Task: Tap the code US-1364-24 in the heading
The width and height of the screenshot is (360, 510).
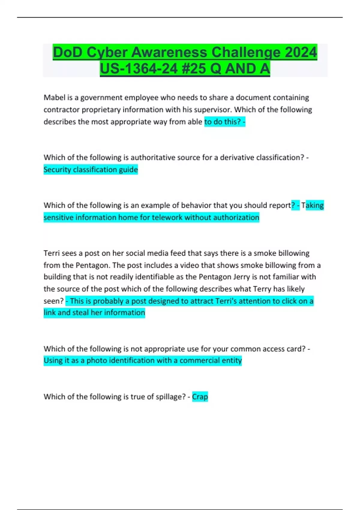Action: tap(139, 69)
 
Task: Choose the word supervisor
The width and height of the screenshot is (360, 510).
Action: tap(211, 109)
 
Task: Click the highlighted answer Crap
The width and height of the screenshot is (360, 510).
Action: tap(200, 397)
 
